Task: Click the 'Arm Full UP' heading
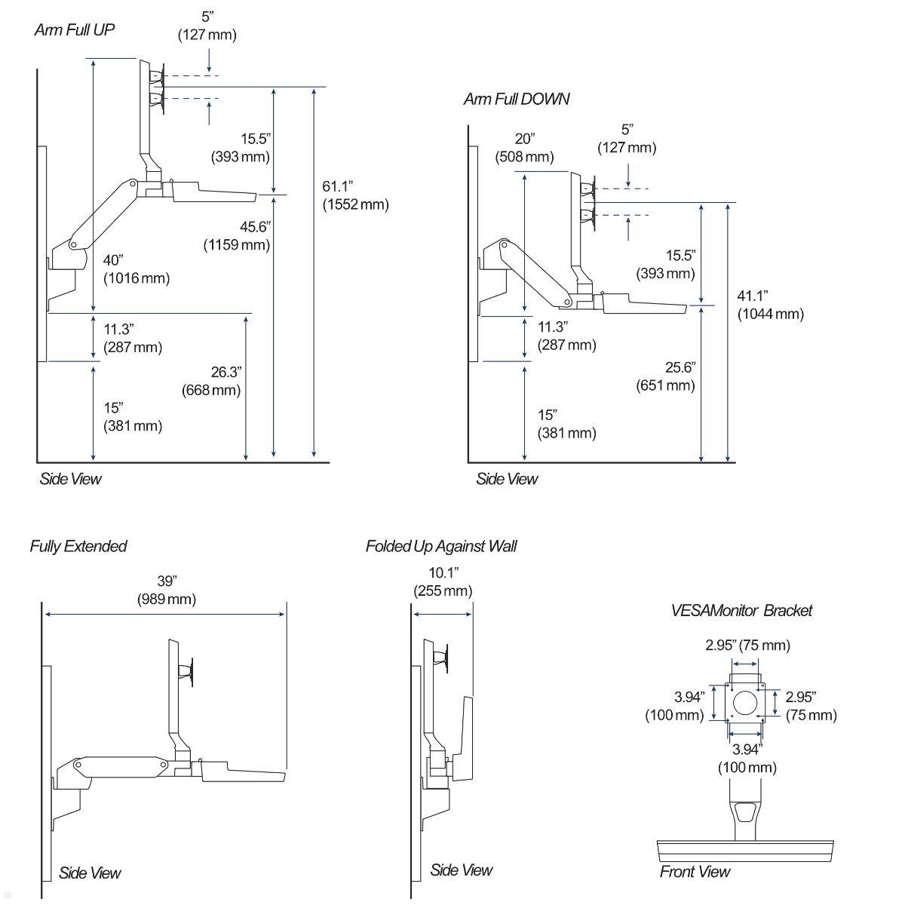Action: [x=74, y=30]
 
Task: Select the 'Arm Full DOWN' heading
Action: [x=516, y=99]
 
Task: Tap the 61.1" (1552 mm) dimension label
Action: [x=355, y=195]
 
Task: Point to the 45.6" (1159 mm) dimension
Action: [x=237, y=235]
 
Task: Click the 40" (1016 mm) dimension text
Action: [x=136, y=269]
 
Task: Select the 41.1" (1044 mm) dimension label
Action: [x=770, y=305]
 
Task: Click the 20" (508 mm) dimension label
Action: [x=524, y=148]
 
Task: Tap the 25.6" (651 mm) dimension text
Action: [x=664, y=376]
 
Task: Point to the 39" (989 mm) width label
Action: [x=166, y=590]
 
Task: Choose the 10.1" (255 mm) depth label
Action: [x=443, y=581]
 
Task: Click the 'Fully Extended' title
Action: [x=78, y=546]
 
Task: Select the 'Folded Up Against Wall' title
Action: [x=440, y=546]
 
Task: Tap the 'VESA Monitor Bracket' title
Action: [x=741, y=611]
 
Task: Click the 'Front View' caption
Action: [x=695, y=872]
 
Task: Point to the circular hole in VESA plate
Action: [x=745, y=702]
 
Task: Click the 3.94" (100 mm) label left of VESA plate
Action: [x=674, y=706]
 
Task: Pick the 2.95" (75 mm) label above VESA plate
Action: [x=747, y=645]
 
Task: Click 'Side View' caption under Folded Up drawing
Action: [x=461, y=870]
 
